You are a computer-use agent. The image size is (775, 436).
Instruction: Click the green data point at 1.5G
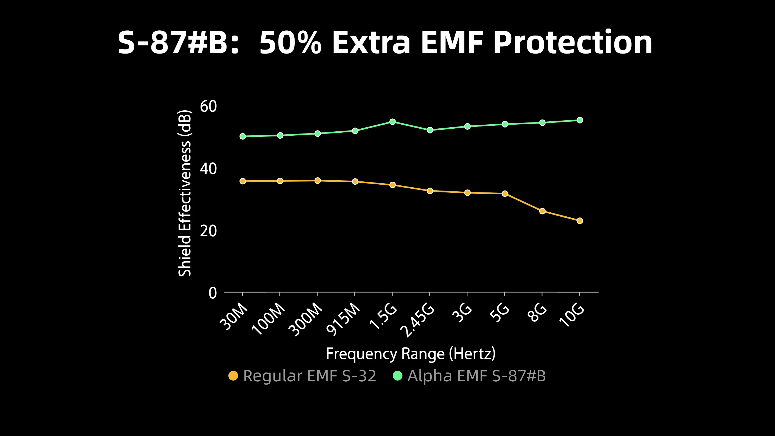pyautogui.click(x=392, y=122)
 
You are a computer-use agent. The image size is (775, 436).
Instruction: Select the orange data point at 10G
pyautogui.click(x=580, y=221)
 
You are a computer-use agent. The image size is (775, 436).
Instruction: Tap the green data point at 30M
pyautogui.click(x=242, y=136)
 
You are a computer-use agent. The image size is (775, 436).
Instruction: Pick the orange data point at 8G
pyautogui.click(x=542, y=211)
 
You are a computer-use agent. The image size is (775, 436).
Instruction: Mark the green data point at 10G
pyautogui.click(x=580, y=120)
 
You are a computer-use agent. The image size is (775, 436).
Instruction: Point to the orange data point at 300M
pyautogui.click(x=318, y=181)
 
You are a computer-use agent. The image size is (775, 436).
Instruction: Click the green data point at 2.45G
pyautogui.click(x=430, y=130)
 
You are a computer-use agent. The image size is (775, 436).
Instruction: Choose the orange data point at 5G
pyautogui.click(x=505, y=194)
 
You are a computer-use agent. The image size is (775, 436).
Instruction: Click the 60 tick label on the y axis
pyautogui.click(x=208, y=106)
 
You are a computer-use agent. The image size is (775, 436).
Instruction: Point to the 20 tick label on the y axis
pyautogui.click(x=208, y=231)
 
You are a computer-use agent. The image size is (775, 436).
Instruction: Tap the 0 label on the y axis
pyautogui.click(x=213, y=293)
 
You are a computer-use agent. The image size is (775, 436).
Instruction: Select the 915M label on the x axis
pyautogui.click(x=343, y=319)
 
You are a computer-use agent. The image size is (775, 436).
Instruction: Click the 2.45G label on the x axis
pyautogui.click(x=418, y=321)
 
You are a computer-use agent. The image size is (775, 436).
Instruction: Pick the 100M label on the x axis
pyautogui.click(x=268, y=319)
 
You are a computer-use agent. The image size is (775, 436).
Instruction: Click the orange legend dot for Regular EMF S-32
pyautogui.click(x=233, y=376)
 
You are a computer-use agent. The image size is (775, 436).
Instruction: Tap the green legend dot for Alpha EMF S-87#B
pyautogui.click(x=397, y=376)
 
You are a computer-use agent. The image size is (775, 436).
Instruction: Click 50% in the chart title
pyautogui.click(x=290, y=43)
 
